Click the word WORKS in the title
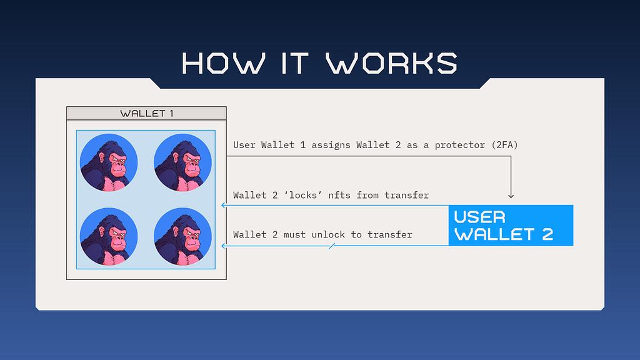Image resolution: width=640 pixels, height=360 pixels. click(x=391, y=63)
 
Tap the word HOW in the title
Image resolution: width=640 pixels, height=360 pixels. click(x=223, y=63)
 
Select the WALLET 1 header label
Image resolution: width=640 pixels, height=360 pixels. click(x=146, y=114)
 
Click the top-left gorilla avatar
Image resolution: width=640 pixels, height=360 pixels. click(x=109, y=162)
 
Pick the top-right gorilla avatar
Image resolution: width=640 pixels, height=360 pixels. click(x=182, y=162)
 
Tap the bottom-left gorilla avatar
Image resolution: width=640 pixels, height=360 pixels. click(x=109, y=237)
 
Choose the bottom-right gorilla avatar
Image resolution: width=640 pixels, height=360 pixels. click(x=182, y=237)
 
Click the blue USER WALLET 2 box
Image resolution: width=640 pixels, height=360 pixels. click(x=511, y=225)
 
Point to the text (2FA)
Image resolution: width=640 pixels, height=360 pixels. click(x=504, y=145)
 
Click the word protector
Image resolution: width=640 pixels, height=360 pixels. click(x=459, y=145)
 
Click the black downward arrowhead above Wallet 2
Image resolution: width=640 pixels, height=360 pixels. click(x=511, y=196)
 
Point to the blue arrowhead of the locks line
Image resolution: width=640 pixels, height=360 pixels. click(x=223, y=205)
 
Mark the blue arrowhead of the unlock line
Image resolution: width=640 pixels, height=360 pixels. click(x=223, y=246)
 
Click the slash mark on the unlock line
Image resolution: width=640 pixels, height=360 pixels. click(x=332, y=246)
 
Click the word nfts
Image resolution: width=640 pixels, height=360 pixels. click(x=339, y=195)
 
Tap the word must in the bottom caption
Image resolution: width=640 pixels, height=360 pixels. click(x=294, y=235)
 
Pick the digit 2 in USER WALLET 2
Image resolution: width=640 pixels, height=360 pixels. click(x=547, y=234)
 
